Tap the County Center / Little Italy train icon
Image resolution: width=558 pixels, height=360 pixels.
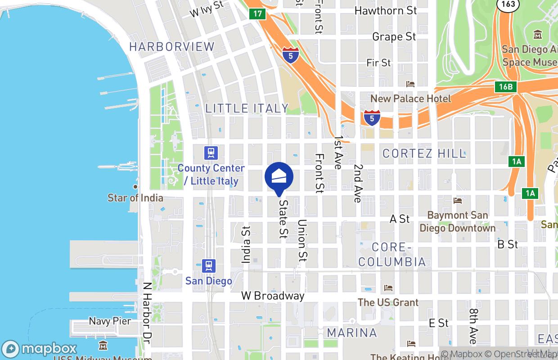(x=211, y=153)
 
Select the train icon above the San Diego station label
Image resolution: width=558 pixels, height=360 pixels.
(x=208, y=265)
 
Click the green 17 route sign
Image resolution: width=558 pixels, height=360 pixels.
(x=257, y=13)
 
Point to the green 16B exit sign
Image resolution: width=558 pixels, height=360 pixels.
(x=505, y=87)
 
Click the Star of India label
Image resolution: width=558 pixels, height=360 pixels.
(x=135, y=198)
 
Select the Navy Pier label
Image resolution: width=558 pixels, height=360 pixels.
(x=110, y=321)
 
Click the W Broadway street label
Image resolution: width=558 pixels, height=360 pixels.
(x=273, y=296)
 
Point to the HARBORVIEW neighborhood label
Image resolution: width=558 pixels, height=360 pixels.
(x=172, y=46)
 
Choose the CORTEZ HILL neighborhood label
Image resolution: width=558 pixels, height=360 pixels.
(x=424, y=153)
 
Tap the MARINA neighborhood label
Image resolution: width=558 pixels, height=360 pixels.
(x=352, y=333)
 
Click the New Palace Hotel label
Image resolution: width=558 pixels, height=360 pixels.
(x=410, y=98)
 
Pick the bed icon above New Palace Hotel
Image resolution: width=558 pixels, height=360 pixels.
(x=410, y=84)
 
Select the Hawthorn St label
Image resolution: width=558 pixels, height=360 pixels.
(x=386, y=10)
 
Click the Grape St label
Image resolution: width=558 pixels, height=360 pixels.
(x=394, y=36)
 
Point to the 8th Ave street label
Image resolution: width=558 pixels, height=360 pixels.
(x=473, y=326)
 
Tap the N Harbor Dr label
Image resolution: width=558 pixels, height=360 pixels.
(x=146, y=313)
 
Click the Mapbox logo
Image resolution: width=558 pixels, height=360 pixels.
(x=40, y=349)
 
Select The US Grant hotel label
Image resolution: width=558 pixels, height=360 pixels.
(x=388, y=302)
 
